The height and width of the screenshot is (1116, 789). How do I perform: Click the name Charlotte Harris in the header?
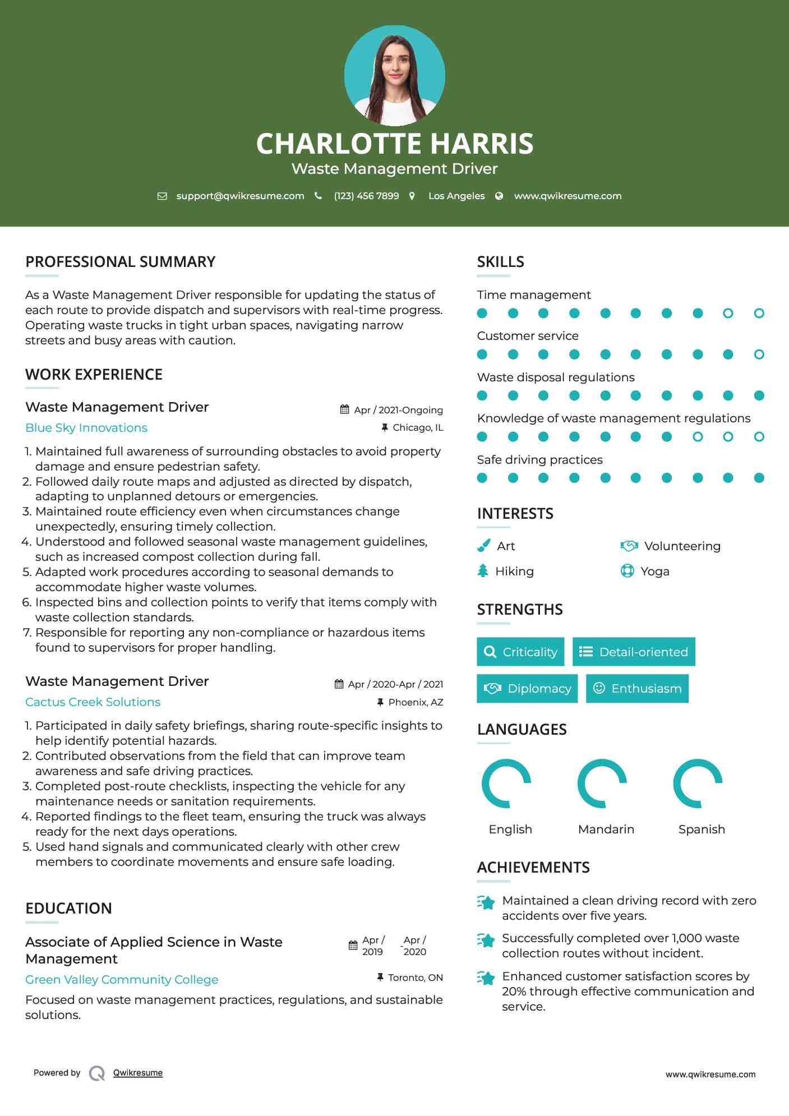pos(394,144)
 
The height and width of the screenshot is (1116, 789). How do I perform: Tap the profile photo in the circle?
pos(394,76)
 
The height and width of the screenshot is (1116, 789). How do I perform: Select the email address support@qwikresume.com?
pos(240,196)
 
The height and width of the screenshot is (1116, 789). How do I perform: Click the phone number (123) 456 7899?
pos(366,196)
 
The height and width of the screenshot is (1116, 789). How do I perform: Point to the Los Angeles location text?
pos(456,196)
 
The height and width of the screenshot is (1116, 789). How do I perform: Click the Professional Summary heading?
pos(120,262)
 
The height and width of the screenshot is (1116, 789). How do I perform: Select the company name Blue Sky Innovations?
pos(86,428)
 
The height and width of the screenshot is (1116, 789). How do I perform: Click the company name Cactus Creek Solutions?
pos(93,702)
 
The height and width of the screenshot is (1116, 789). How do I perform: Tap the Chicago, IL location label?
pos(417,428)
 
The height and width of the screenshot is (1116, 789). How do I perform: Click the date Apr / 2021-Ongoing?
pos(398,410)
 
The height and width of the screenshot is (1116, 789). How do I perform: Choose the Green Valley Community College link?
pos(122,980)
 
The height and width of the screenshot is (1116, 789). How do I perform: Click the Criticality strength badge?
pos(520,652)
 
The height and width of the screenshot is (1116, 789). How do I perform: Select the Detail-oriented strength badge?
pos(634,652)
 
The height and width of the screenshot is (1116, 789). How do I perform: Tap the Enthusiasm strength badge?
pos(637,689)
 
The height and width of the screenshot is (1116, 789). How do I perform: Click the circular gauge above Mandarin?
pos(602,783)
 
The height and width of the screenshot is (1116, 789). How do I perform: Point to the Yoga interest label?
pos(654,571)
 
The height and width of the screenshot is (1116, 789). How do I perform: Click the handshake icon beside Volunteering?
pos(629,546)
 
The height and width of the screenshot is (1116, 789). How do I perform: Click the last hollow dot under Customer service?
pos(759,354)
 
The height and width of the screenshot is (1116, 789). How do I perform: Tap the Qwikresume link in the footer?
pos(137,1073)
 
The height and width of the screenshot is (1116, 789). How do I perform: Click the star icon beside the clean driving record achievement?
pos(486,902)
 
